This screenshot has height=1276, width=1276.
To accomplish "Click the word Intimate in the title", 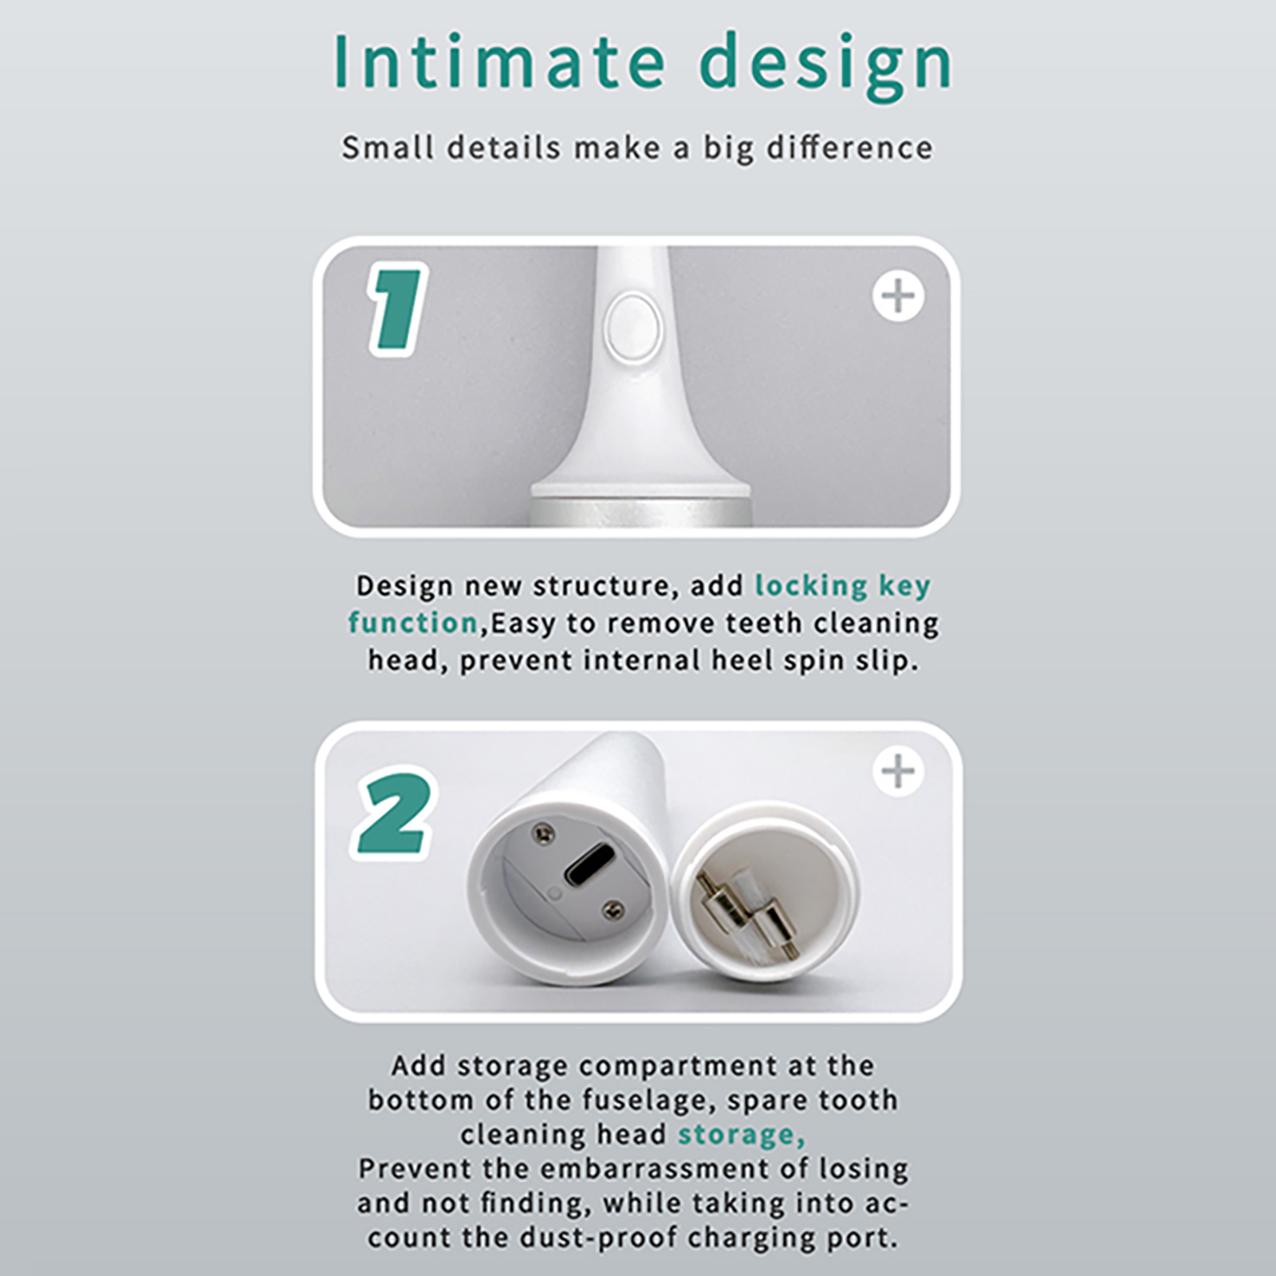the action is coord(498,61).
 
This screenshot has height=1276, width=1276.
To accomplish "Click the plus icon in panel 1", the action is coord(899,297).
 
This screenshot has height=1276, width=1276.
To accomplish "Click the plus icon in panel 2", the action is coord(899,771).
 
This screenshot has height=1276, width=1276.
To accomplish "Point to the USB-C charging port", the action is coord(589,864).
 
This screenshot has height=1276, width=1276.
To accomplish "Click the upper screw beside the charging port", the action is coord(542,831).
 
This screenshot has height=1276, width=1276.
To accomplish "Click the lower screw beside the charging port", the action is coord(612,908).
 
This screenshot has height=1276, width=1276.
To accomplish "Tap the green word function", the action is coord(413,622).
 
